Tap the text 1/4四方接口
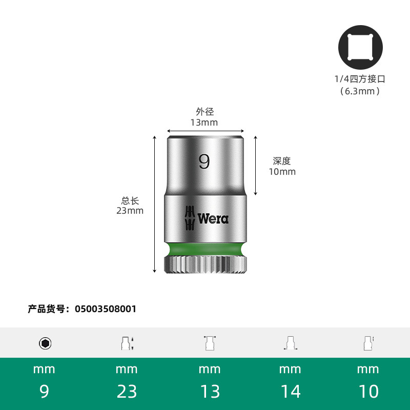tap(360, 79)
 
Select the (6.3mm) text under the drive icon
tap(360, 91)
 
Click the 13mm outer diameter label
tap(204, 122)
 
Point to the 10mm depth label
tap(282, 172)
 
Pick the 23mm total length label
tap(130, 211)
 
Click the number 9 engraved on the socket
tap(204, 161)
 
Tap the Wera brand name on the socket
tap(213, 219)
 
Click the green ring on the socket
tap(206, 250)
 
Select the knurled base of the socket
tap(206, 265)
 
